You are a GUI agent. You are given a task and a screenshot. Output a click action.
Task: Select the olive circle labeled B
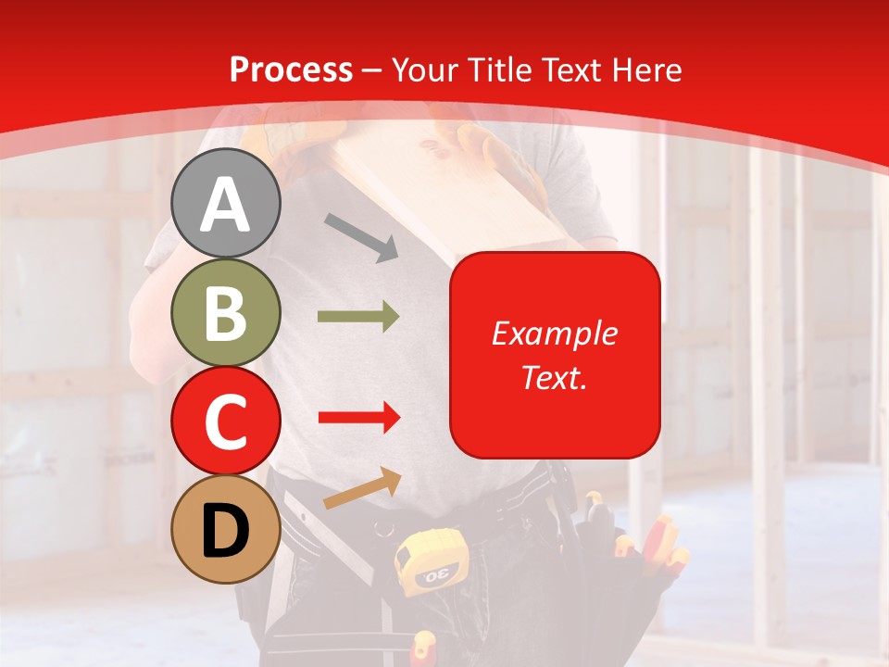[225, 312]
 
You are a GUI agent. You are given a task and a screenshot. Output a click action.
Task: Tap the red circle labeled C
[225, 421]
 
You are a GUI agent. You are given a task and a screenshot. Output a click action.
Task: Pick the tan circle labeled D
[225, 529]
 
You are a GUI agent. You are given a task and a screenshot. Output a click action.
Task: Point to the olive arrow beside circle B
[358, 317]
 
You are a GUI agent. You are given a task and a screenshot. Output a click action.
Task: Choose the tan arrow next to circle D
[362, 488]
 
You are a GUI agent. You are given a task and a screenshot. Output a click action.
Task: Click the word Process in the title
[291, 70]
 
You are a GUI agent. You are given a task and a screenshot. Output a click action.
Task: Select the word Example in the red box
[554, 333]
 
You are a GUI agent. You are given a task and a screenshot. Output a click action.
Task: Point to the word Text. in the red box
[554, 377]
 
